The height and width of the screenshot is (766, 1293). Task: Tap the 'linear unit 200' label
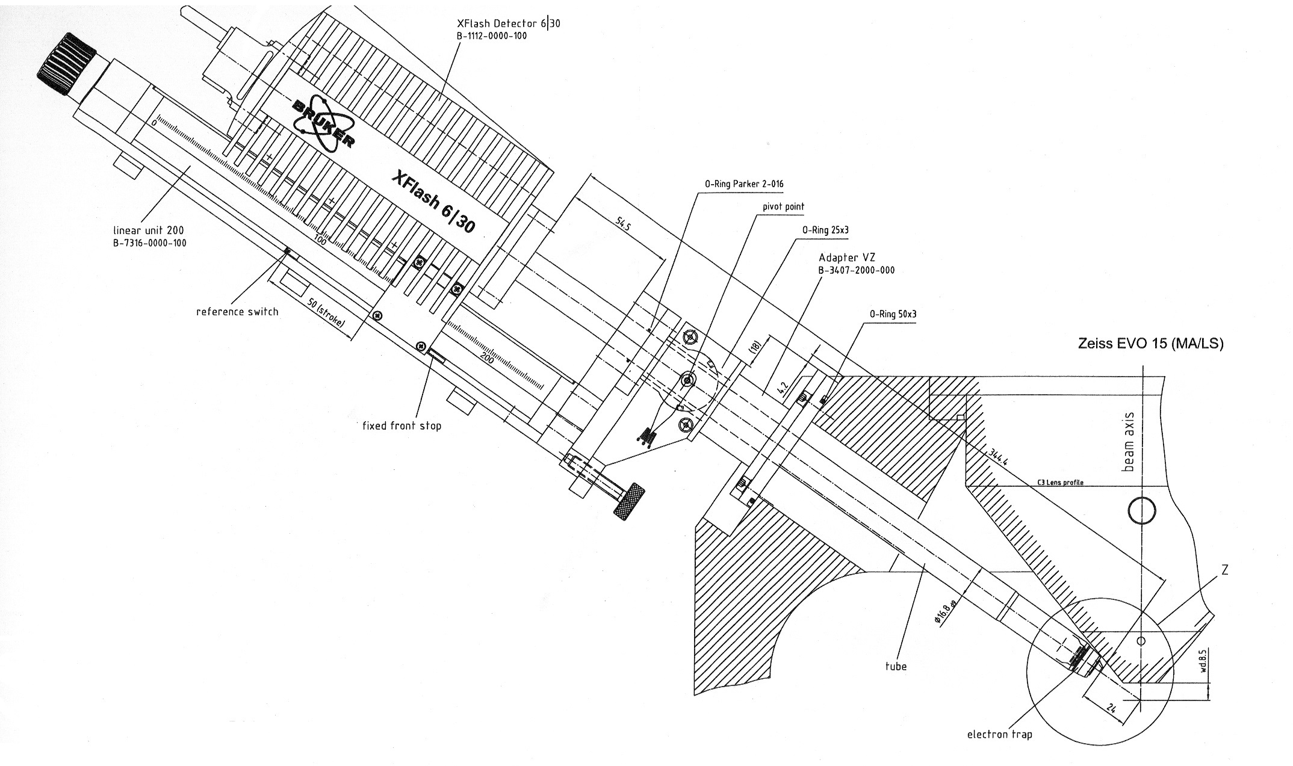(149, 230)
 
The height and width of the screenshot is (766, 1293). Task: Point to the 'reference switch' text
(237, 312)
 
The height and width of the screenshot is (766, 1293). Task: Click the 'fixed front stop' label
(402, 426)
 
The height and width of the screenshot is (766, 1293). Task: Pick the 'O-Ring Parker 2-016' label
(744, 184)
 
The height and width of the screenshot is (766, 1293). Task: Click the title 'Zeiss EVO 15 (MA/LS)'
(1150, 344)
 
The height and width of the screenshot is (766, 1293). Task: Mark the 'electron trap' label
(999, 734)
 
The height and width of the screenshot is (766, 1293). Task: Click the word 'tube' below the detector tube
(896, 666)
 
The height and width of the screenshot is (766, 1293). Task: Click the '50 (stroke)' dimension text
(326, 314)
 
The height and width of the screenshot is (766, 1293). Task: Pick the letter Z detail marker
(1224, 570)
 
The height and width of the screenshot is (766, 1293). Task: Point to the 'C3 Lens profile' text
(1061, 483)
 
